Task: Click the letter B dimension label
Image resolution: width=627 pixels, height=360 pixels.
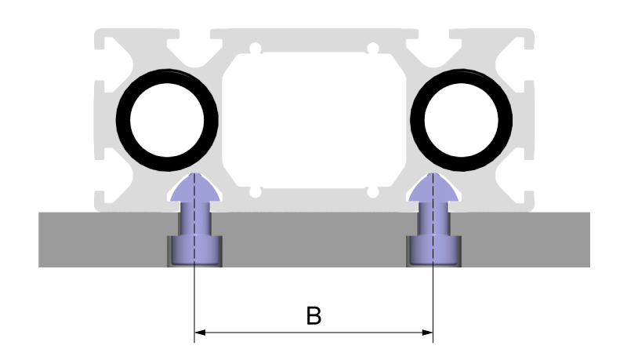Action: click(313, 317)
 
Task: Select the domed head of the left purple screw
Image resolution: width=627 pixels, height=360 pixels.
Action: click(193, 187)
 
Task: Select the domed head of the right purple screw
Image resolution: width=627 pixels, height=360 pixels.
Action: click(433, 187)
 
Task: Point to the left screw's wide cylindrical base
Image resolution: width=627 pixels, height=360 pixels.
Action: click(193, 250)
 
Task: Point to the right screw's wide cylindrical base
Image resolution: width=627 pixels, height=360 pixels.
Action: click(433, 250)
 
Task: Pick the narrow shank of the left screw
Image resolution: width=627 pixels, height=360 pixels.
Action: click(193, 220)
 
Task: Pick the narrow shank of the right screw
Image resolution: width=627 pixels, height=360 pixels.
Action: click(433, 220)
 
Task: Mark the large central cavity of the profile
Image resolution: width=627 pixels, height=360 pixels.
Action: click(313, 118)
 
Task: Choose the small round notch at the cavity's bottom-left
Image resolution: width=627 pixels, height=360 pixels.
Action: click(253, 191)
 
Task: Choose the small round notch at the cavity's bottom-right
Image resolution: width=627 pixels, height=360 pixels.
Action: click(374, 191)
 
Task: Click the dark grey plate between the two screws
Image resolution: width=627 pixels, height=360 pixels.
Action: click(313, 239)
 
